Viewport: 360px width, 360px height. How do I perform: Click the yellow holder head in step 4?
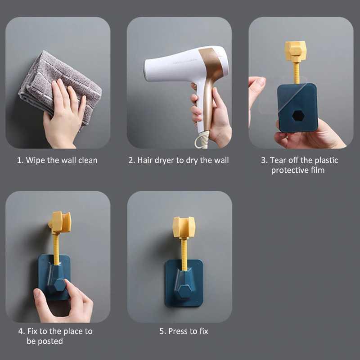coord(60,221)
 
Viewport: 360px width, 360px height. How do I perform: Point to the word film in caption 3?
coord(317,170)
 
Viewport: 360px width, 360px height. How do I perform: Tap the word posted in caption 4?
coord(51,341)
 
